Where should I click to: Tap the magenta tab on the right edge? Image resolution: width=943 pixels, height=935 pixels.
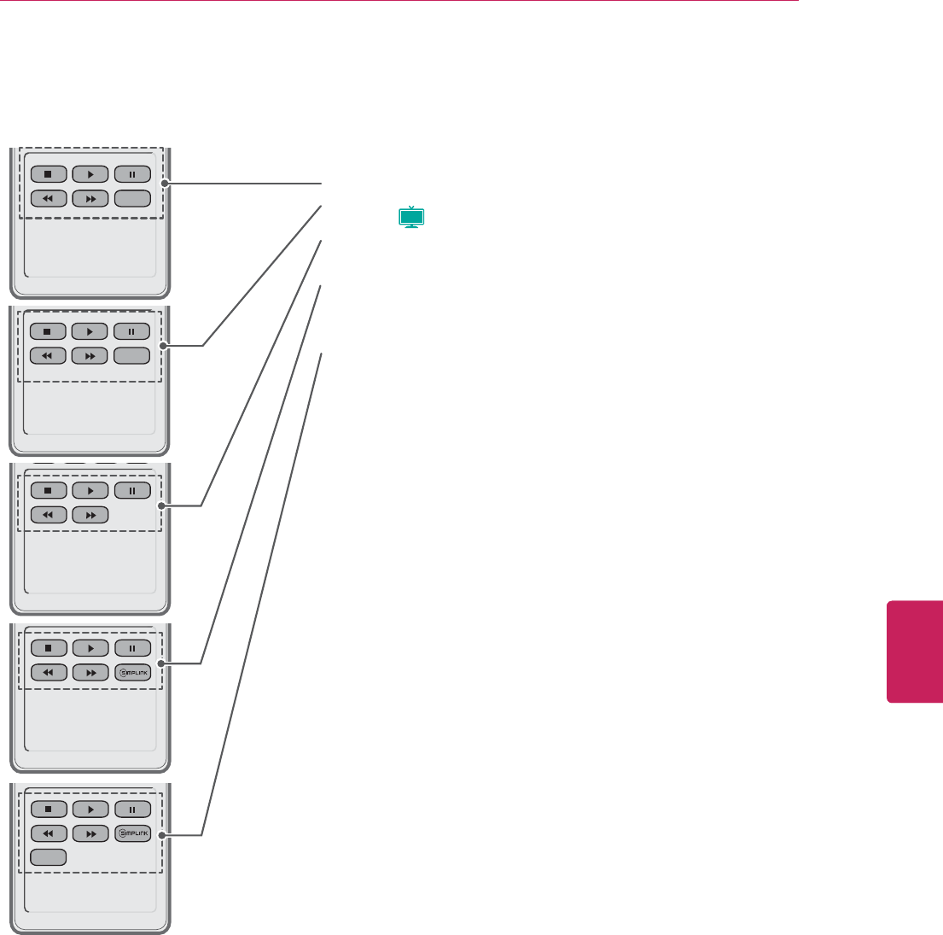click(x=915, y=652)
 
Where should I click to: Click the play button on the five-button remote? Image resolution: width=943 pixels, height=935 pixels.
click(x=90, y=491)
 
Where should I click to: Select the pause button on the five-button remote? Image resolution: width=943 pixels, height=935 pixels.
click(x=132, y=491)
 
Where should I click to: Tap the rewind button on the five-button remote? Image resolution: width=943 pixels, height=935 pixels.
click(x=48, y=515)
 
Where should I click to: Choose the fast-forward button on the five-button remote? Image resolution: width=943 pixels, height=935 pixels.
click(x=90, y=515)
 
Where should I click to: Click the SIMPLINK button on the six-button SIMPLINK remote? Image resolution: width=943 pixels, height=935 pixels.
click(x=132, y=672)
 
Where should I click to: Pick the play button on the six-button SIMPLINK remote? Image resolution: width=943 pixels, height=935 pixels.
click(x=90, y=648)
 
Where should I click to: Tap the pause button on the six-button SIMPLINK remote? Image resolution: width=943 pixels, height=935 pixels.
click(x=132, y=648)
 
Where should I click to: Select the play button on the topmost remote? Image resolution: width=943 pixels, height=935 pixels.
click(x=90, y=174)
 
